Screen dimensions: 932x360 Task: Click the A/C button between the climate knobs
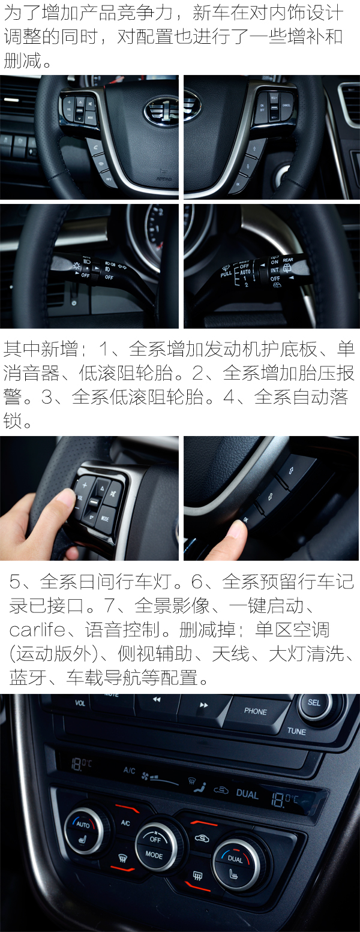[125, 823]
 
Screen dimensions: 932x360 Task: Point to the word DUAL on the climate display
[247, 794]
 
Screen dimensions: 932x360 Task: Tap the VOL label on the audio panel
[80, 702]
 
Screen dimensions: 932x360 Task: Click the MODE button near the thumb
[106, 518]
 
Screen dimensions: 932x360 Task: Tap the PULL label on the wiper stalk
[226, 273]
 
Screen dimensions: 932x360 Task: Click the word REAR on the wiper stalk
[288, 260]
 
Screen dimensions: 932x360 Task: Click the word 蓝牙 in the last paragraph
[25, 678]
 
